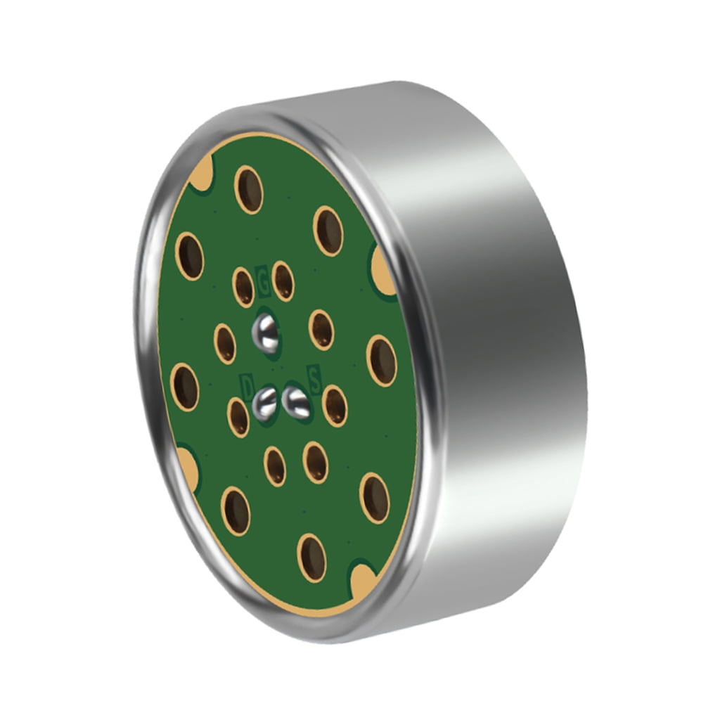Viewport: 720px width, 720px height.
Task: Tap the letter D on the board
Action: pos(247,385)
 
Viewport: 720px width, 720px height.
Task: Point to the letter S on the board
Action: pos(314,380)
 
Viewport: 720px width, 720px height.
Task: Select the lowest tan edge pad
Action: pos(364,579)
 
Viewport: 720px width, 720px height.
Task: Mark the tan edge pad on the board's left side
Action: pos(186,464)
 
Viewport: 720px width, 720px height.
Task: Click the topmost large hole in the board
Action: pos(249,189)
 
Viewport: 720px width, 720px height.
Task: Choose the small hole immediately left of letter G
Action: pos(243,287)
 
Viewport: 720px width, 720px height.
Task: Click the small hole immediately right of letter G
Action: pos(283,281)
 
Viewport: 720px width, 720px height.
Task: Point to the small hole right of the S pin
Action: pos(335,406)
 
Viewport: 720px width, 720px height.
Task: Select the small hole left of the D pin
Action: pos(238,416)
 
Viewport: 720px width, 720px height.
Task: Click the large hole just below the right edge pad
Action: pos(382,360)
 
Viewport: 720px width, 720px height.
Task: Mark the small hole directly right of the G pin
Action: pos(321,329)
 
